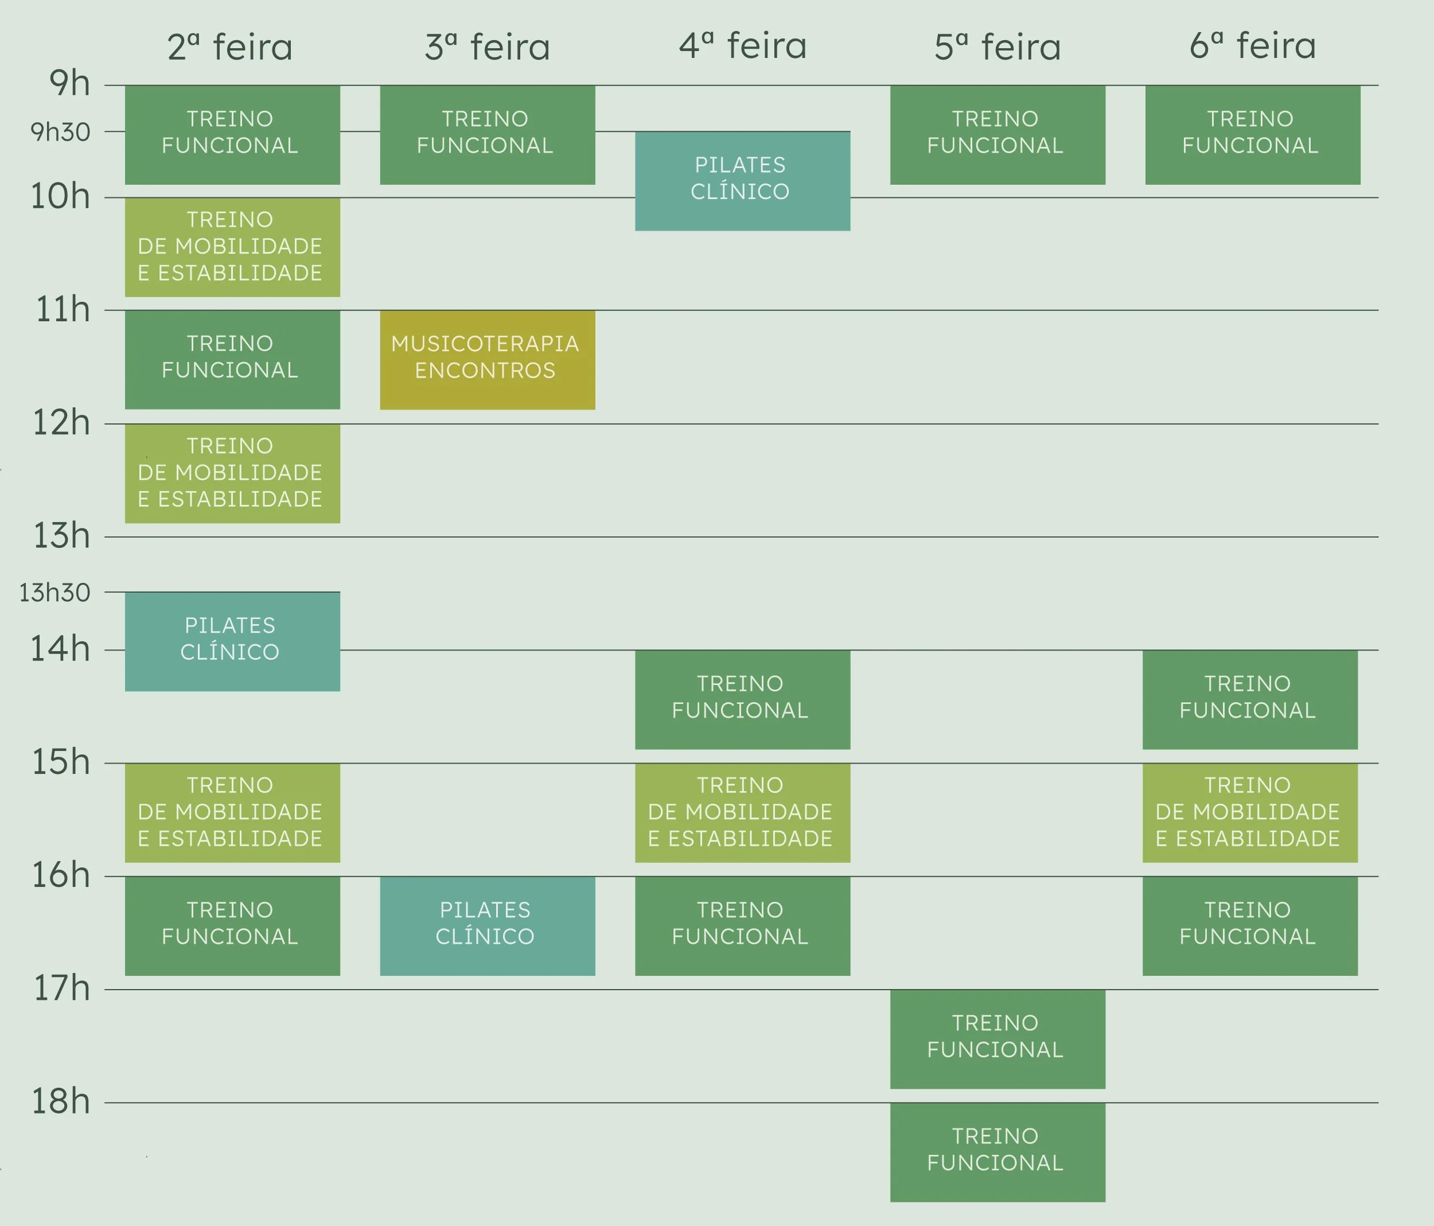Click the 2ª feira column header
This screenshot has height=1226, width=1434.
[230, 47]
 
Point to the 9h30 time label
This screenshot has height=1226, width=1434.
[60, 131]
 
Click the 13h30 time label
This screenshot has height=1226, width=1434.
[54, 593]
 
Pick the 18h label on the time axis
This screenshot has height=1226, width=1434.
[61, 1101]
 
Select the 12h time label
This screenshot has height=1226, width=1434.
[61, 422]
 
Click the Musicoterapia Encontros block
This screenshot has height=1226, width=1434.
[487, 359]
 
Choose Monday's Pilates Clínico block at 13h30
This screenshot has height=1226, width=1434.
[232, 641]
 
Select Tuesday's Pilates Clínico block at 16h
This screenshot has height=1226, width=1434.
[487, 925]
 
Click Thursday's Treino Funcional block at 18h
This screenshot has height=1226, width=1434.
[997, 1152]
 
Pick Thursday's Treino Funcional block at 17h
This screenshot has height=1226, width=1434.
[997, 1038]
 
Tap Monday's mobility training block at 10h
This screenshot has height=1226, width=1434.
[232, 247]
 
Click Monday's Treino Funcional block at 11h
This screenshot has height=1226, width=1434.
[232, 359]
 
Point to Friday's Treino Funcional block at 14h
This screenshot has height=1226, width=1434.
[1250, 699]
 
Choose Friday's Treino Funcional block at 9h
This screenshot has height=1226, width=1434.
[1253, 135]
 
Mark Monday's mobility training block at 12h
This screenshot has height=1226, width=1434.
[232, 473]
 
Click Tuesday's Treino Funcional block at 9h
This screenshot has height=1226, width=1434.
[487, 135]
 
